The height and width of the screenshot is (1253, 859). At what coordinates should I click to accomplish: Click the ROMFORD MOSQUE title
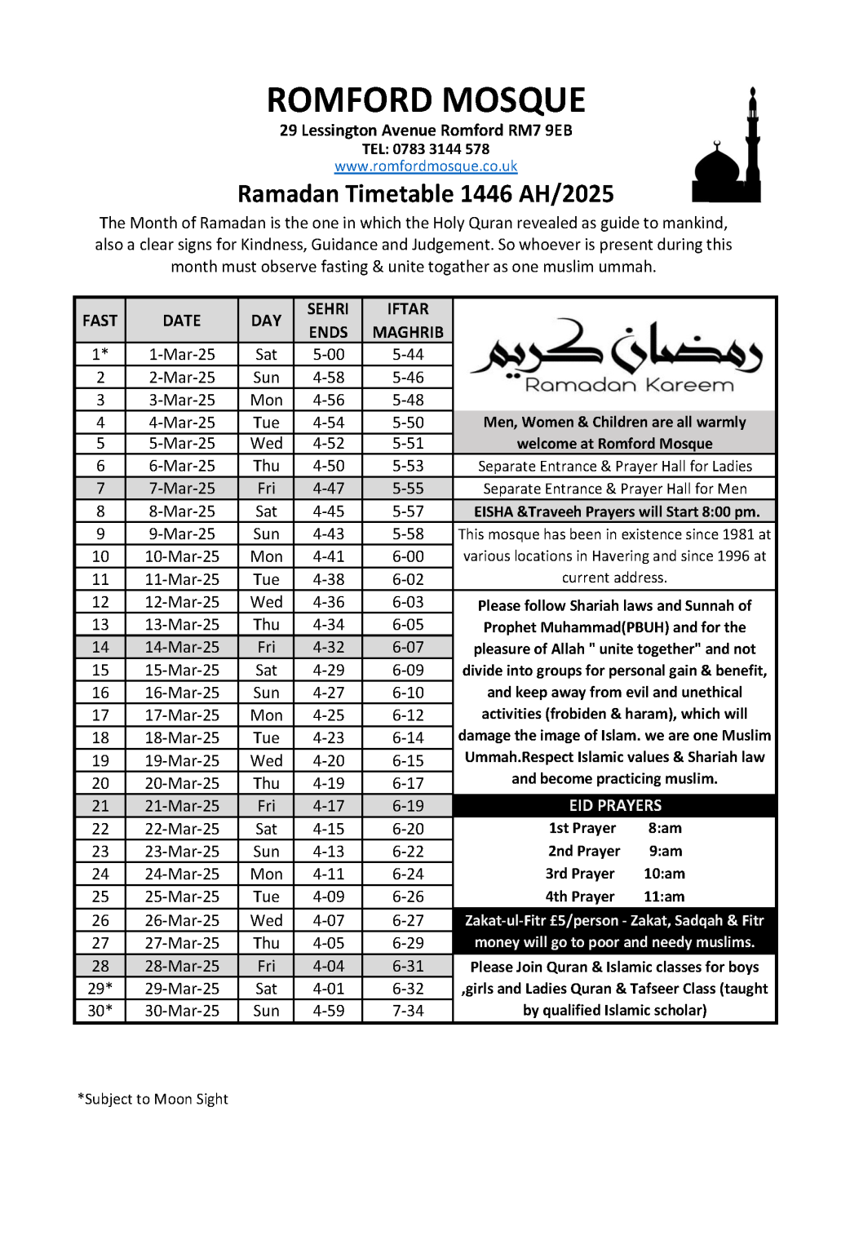tap(426, 100)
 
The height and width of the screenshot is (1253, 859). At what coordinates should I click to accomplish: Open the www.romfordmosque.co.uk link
tap(426, 166)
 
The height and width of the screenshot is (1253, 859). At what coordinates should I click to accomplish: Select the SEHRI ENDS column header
tap(328, 321)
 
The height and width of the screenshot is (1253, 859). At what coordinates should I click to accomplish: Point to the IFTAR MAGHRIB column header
tap(408, 321)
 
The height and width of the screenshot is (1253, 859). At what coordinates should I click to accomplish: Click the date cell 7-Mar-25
tap(182, 488)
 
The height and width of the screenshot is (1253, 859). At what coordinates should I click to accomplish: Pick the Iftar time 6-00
tap(408, 556)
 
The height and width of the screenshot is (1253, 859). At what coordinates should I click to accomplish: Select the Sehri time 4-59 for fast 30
tap(328, 1011)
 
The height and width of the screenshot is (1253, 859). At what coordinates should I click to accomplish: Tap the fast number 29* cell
tap(100, 988)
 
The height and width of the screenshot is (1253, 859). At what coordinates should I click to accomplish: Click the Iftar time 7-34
tap(408, 1011)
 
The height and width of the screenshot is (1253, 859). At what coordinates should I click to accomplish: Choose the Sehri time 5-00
tap(328, 354)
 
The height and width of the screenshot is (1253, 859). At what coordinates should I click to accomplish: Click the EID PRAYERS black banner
tap(615, 805)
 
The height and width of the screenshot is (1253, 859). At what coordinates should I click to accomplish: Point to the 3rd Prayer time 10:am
tap(664, 874)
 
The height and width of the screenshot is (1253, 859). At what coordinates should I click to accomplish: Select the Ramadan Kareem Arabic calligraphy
tap(617, 351)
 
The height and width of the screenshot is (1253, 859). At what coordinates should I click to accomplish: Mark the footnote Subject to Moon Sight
tap(153, 1099)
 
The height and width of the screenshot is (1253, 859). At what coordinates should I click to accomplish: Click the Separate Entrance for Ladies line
tap(615, 466)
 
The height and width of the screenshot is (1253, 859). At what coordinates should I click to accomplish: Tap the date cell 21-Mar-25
tap(182, 806)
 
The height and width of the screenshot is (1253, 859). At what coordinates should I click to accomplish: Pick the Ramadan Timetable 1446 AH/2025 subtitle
tap(426, 194)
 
